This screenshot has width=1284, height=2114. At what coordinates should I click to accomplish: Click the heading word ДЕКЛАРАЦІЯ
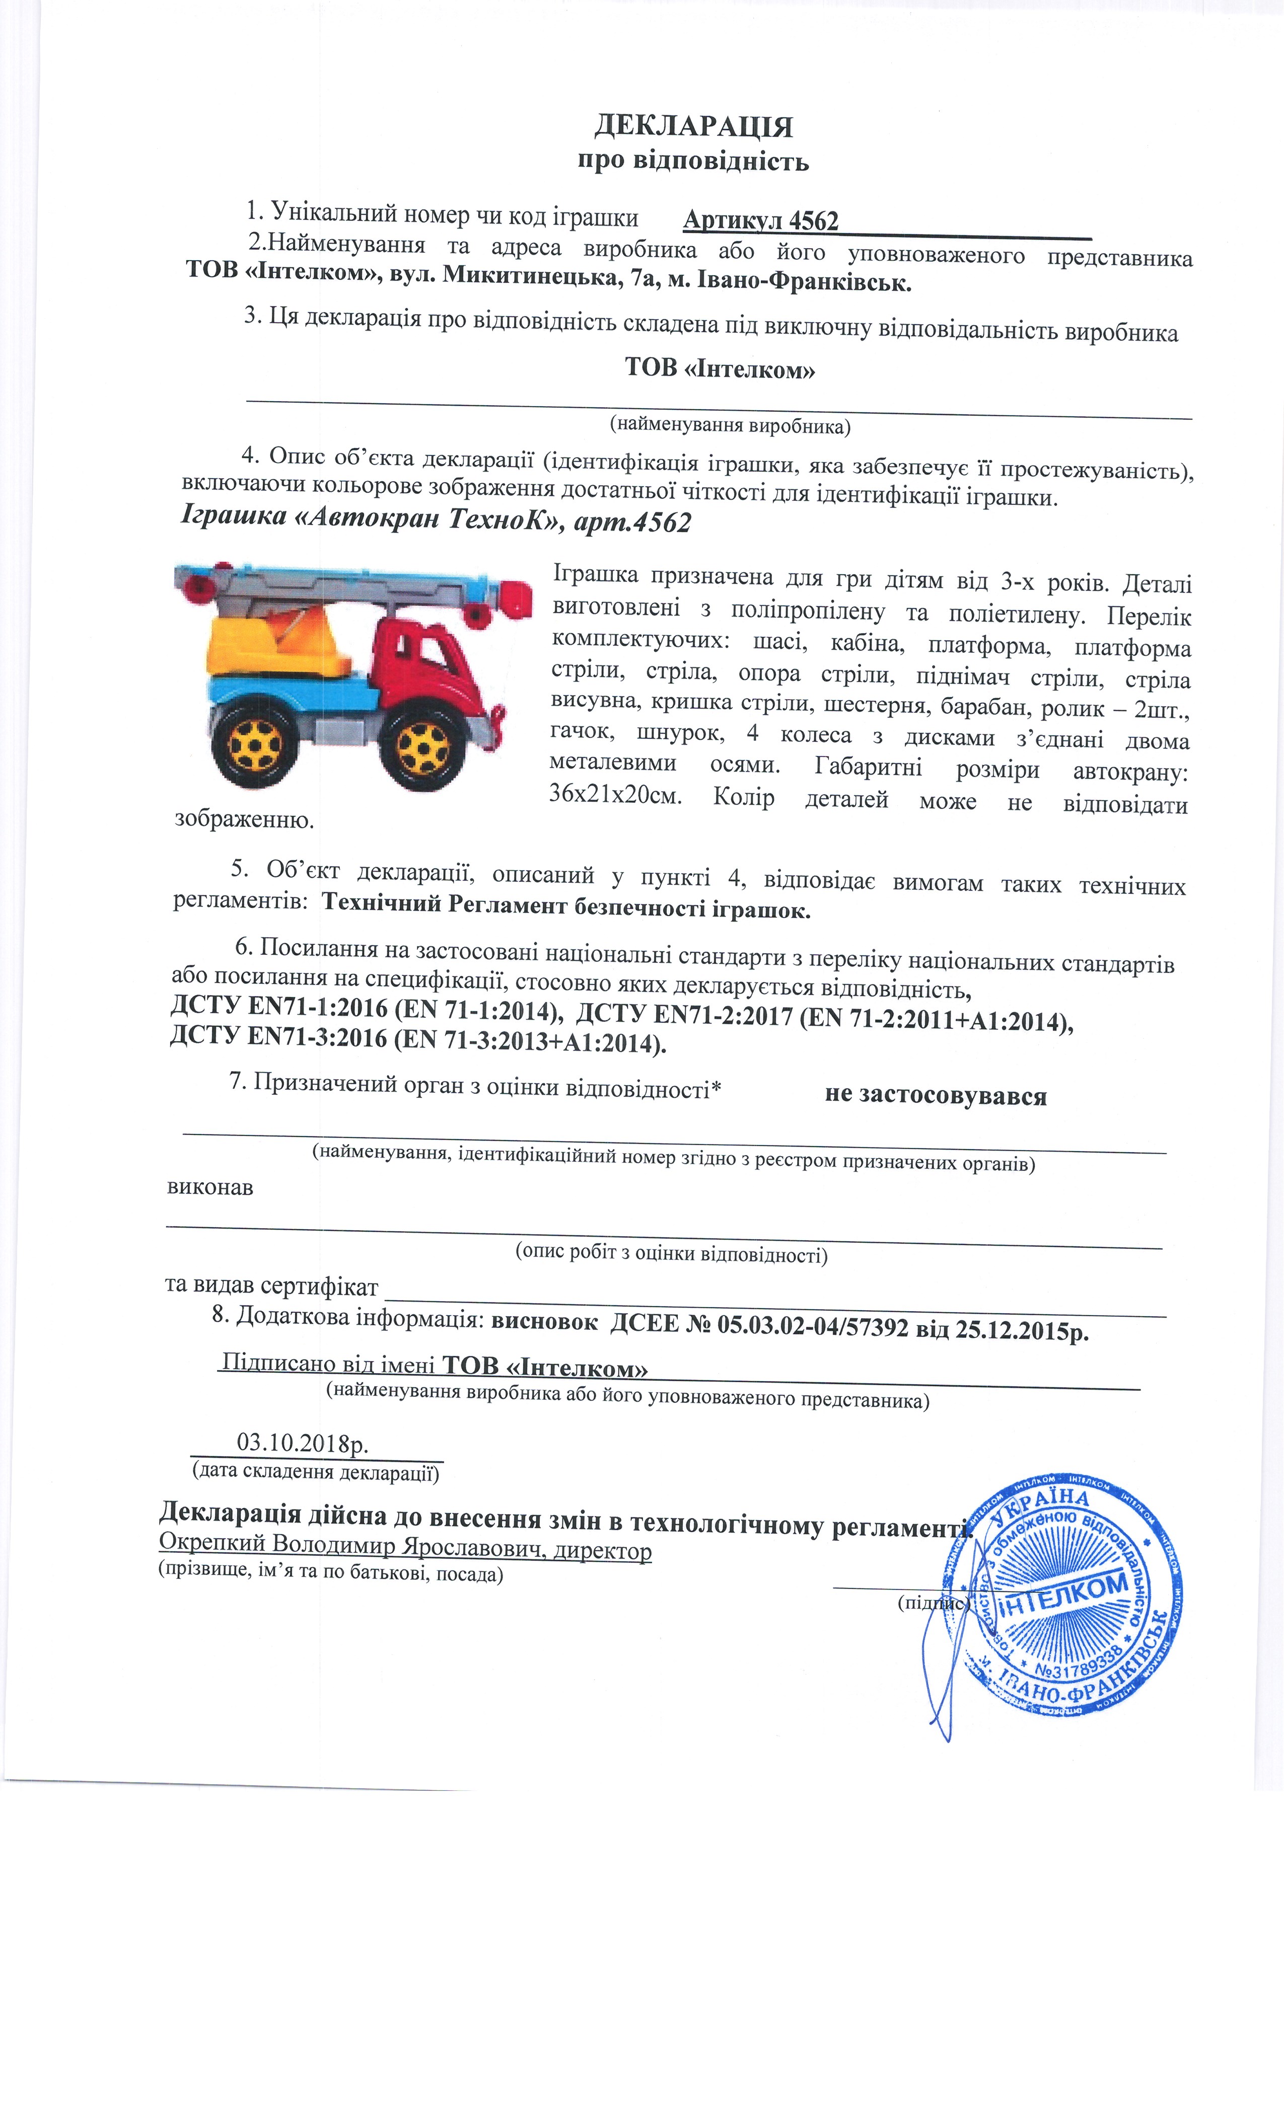pyautogui.click(x=693, y=127)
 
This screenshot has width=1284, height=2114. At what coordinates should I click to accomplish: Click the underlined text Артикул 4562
pyautogui.click(x=760, y=221)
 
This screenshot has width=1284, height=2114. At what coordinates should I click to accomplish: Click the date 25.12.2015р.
pyautogui.click(x=1021, y=1331)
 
